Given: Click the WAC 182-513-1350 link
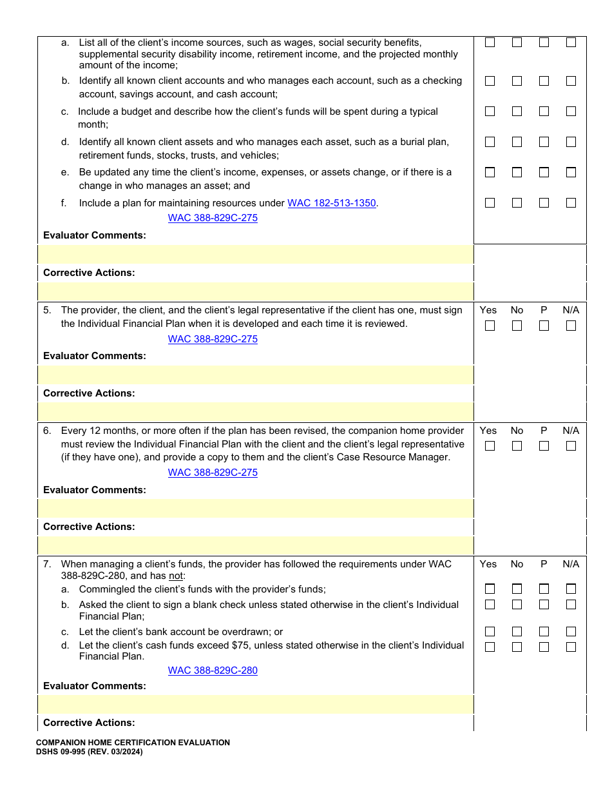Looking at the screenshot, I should (x=331, y=203).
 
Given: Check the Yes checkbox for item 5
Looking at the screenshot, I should (x=490, y=326).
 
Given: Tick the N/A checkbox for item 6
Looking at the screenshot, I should (x=571, y=446).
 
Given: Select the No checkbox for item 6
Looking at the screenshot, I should (x=517, y=446).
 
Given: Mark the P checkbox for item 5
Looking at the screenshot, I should (x=544, y=326).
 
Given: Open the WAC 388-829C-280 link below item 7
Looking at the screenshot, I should (x=213, y=671).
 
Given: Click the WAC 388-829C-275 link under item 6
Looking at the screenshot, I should (x=213, y=473).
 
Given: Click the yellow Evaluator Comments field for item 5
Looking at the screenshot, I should (x=256, y=375).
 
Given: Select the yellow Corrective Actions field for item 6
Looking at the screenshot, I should (x=256, y=545).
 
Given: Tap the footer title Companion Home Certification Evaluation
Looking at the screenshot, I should (x=133, y=743).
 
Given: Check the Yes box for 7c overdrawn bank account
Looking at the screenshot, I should (x=490, y=632).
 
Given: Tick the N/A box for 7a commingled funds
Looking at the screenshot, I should (x=571, y=589).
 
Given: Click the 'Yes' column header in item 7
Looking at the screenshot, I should (x=488, y=564).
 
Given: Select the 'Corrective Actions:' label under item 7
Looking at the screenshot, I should (x=89, y=723).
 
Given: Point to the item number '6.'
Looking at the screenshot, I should (x=47, y=431).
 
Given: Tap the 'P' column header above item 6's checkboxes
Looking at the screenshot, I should (x=544, y=431).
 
